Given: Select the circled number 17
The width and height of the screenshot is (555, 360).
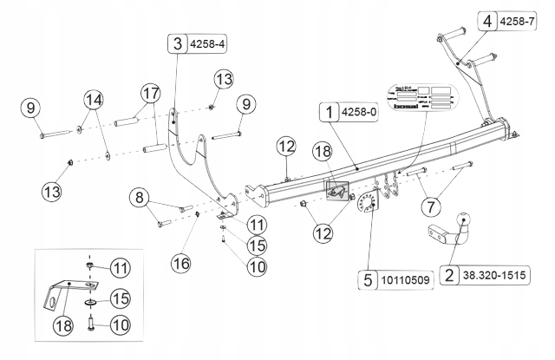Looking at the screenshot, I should [150, 93].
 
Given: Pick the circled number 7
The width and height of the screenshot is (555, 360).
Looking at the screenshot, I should [430, 206].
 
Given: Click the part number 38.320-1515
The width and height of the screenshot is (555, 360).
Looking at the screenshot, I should [500, 277].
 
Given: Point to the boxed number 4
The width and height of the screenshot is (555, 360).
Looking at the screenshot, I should [491, 20].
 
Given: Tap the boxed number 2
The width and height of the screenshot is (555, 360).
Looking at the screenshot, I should [449, 277].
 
